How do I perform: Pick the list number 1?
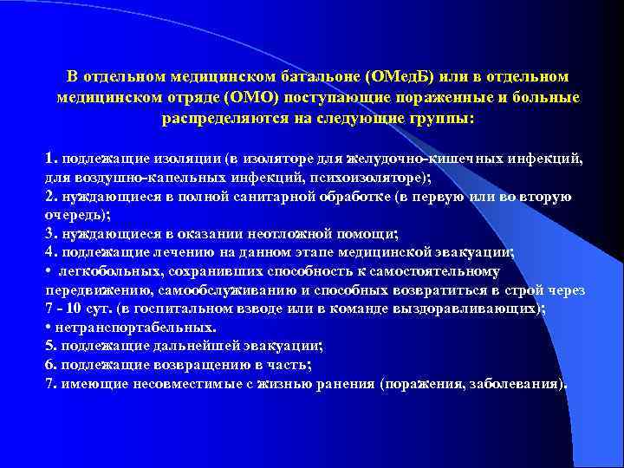[51, 159]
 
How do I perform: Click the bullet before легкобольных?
[49, 271]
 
